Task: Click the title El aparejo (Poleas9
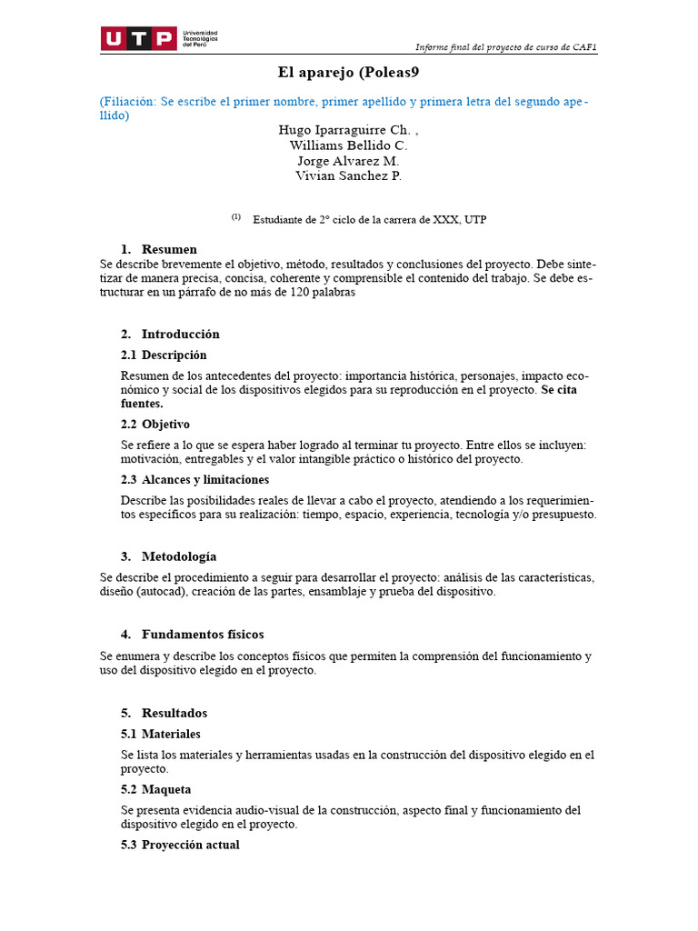[348, 72]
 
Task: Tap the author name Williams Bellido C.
[348, 145]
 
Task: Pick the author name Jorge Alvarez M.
[348, 161]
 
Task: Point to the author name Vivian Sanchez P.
[348, 175]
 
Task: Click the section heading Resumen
[169, 249]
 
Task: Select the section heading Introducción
[180, 334]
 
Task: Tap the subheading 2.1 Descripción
[164, 355]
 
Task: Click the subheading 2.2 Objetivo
[155, 424]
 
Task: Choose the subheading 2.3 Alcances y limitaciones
[194, 479]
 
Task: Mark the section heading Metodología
[178, 556]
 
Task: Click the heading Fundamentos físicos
[202, 634]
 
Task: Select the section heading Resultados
[174, 713]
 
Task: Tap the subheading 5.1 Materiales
[161, 734]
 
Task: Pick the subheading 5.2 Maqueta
[156, 789]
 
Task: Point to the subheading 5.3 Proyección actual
[180, 845]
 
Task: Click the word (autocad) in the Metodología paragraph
[163, 592]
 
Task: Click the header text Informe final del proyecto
[505, 47]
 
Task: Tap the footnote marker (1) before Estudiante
[235, 217]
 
